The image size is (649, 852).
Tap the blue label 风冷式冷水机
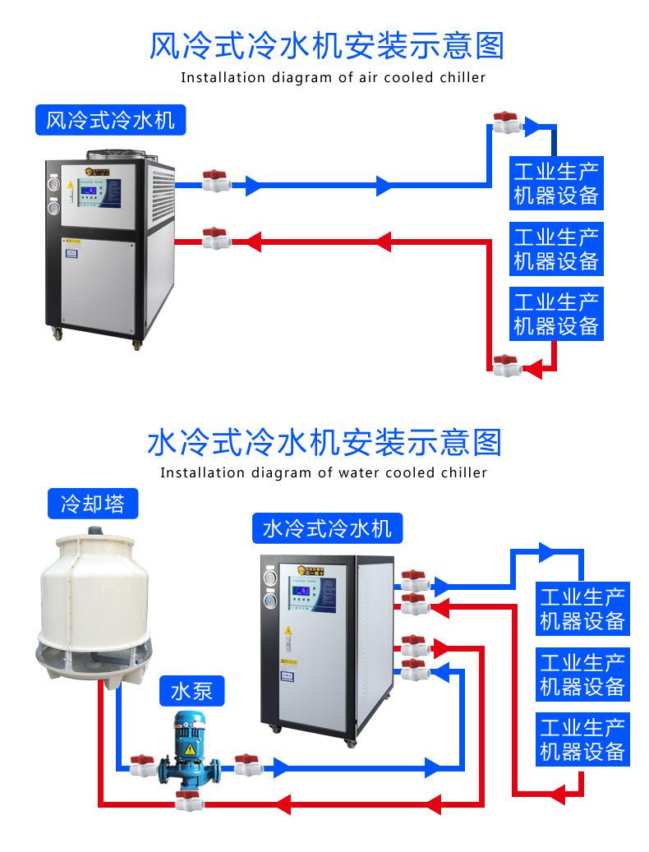tap(110, 120)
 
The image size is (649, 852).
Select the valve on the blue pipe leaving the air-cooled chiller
tap(215, 181)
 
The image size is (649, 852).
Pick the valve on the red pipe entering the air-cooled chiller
tap(215, 238)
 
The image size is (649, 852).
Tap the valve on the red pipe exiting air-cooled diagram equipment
tap(504, 365)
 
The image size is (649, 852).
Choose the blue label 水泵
tap(191, 690)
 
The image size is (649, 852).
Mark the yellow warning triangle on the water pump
tap(190, 749)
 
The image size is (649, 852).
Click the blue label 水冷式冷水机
tap(327, 527)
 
